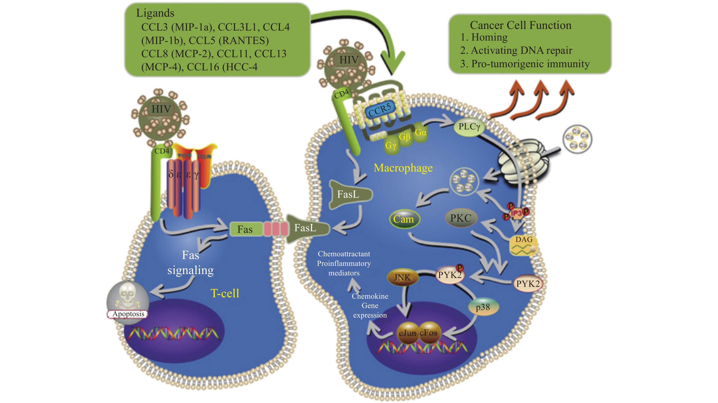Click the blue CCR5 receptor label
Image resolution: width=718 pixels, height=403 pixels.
(x=380, y=110)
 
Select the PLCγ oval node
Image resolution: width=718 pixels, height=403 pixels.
(x=469, y=127)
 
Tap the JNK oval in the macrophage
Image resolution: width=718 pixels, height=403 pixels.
(x=403, y=277)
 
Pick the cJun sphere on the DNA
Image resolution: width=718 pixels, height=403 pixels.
(x=408, y=333)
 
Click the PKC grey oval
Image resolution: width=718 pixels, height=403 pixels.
(x=461, y=218)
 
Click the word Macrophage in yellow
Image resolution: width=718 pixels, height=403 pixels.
(x=403, y=168)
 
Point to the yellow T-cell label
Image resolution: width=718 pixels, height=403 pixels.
(x=225, y=293)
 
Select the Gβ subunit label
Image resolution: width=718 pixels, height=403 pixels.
(x=405, y=137)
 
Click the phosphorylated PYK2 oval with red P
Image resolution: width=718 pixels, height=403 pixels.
(x=449, y=275)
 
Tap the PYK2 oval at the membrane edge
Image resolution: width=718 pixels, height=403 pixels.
(x=528, y=284)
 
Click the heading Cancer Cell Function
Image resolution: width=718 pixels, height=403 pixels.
(x=520, y=25)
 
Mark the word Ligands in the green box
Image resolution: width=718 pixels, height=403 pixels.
(x=155, y=13)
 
